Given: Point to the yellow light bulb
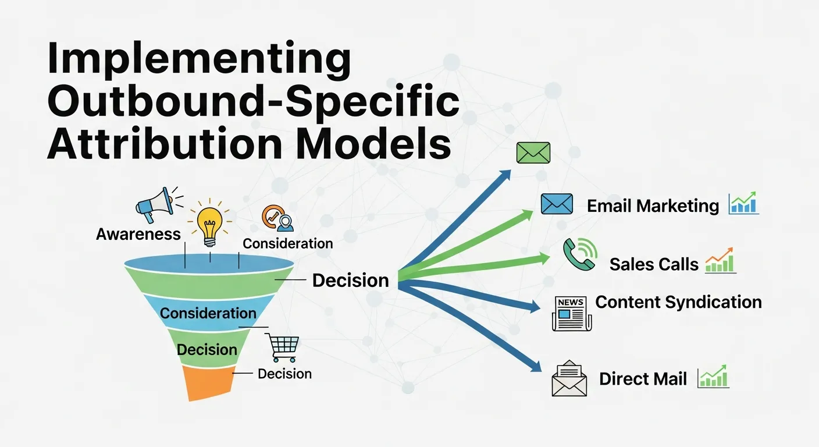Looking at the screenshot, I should (x=209, y=225).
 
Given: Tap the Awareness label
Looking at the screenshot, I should (x=138, y=234).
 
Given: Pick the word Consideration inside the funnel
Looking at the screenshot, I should (x=208, y=313).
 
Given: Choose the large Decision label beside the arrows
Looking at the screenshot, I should (x=350, y=280).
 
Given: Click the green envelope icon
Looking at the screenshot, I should (x=533, y=153).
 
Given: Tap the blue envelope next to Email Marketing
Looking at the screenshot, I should (x=557, y=204).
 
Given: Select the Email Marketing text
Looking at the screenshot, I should (x=653, y=205).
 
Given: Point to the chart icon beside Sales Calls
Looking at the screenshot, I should (x=720, y=262).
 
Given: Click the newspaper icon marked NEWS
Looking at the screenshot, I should (x=571, y=313).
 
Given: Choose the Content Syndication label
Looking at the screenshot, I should (x=678, y=302).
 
